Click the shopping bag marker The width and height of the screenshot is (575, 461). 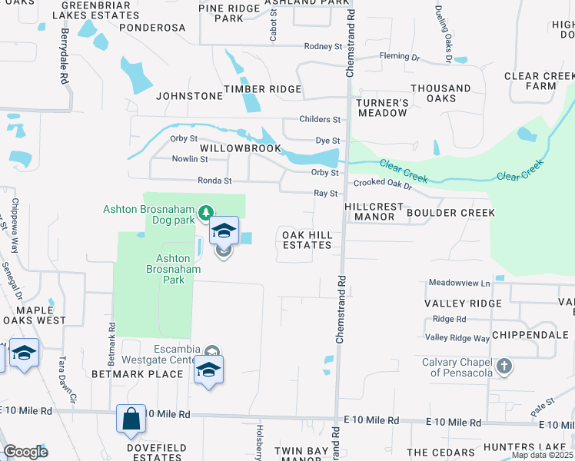[x=131, y=420]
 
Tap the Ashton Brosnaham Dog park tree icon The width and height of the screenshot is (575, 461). [x=205, y=211]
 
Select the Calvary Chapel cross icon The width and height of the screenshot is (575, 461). [x=504, y=366]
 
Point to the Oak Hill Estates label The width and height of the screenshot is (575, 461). [x=307, y=240]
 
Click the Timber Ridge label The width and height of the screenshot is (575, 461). [x=262, y=90]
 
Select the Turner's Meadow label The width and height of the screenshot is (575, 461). [x=381, y=108]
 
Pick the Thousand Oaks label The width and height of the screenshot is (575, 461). [x=440, y=93]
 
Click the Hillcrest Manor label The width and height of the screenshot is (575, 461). [x=374, y=212]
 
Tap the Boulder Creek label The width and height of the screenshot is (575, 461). [x=450, y=213]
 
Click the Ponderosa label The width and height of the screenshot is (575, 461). [x=152, y=28]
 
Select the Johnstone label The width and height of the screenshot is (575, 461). [x=189, y=96]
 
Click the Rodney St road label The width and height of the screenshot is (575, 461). [x=323, y=47]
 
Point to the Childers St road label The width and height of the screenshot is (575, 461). [x=320, y=119]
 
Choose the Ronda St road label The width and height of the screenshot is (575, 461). [x=214, y=181]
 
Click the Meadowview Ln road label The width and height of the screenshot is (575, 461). [x=459, y=283]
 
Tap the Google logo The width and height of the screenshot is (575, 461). [x=26, y=452]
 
